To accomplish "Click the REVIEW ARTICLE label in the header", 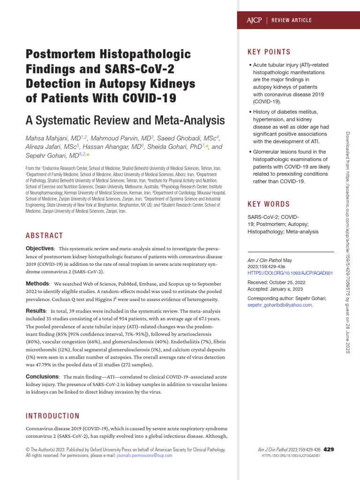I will [x=292, y=21].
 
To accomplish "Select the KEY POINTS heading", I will [x=269, y=52].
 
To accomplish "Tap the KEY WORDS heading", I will [x=269, y=204].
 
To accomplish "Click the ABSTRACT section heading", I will [x=44, y=235].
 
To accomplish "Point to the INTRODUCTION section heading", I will [x=52, y=416].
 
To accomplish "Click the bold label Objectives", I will [x=40, y=248].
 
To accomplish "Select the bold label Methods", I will [x=37, y=284].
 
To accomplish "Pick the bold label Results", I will [x=36, y=311].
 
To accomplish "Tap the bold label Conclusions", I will [x=42, y=376].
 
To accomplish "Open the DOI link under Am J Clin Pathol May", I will [x=290, y=273].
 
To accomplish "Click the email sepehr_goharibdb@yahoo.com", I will [x=279, y=305].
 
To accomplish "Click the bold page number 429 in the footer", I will [x=329, y=449].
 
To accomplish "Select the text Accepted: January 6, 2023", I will [x=275, y=289].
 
